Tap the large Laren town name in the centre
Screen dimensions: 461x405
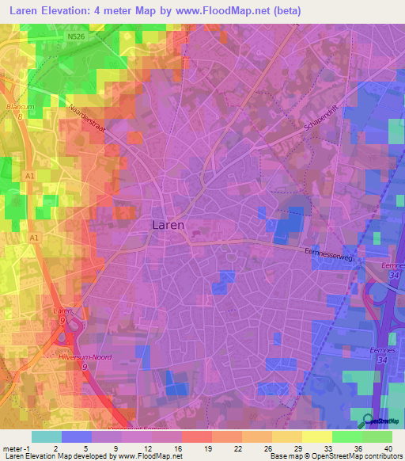[167, 225]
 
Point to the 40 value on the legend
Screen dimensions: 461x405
[387, 448]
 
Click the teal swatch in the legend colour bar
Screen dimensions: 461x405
[46, 436]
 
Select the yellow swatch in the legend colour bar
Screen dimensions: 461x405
[317, 436]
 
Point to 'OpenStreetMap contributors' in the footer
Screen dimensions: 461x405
[359, 457]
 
